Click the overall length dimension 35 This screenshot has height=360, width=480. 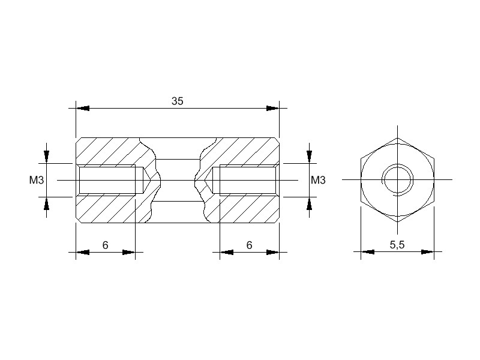tap(177, 101)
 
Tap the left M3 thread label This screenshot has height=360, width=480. tap(37, 181)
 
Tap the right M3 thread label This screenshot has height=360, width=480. tap(318, 181)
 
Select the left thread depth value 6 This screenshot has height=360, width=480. tap(106, 245)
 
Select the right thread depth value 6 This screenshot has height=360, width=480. tap(249, 245)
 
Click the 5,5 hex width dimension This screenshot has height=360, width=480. tap(397, 245)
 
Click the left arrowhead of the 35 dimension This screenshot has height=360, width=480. tap(83, 109)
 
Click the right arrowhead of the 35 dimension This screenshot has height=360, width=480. tap(272, 109)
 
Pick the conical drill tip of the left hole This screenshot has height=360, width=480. tap(146, 181)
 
